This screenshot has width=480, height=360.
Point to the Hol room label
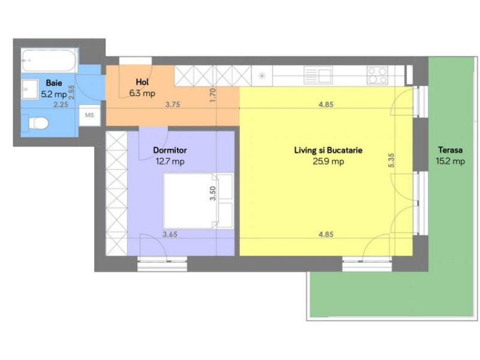[142, 82]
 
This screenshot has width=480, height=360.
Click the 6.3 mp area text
[142, 93]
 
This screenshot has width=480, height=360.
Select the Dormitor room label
[171, 151]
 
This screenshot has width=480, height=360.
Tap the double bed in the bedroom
[198, 201]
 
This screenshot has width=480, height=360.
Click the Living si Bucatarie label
[328, 151]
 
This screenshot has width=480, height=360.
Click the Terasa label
[450, 151]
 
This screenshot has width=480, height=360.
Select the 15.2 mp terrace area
[450, 161]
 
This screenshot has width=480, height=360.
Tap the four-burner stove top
[377, 75]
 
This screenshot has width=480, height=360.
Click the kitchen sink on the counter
[319, 75]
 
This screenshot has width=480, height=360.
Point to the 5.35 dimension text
[391, 160]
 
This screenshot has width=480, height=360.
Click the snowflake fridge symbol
[262, 76]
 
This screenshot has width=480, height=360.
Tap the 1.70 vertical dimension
[212, 96]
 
